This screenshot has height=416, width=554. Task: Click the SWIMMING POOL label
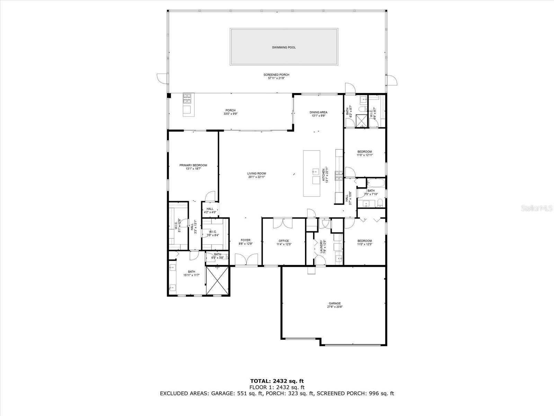pyautogui.click(x=284, y=47)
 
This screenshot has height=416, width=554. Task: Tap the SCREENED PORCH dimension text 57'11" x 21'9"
pyautogui.click(x=276, y=78)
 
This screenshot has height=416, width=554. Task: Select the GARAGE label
pyautogui.click(x=334, y=303)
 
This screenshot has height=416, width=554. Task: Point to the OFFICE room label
pyautogui.click(x=284, y=241)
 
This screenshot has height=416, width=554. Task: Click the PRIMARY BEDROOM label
pyautogui.click(x=193, y=165)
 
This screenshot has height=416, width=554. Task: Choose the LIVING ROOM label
pyautogui.click(x=257, y=174)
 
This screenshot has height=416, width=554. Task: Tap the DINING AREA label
pyautogui.click(x=318, y=112)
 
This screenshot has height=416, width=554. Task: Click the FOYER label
pyautogui.click(x=245, y=240)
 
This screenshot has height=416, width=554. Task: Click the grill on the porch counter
pyautogui.click(x=187, y=99)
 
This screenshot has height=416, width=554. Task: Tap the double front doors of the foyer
pyautogui.click(x=246, y=259)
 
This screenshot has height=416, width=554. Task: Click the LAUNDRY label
pyautogui.click(x=321, y=246)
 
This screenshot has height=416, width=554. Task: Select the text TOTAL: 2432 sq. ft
pyautogui.click(x=277, y=381)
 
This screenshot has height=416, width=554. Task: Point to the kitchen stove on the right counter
pyautogui.click(x=338, y=176)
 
